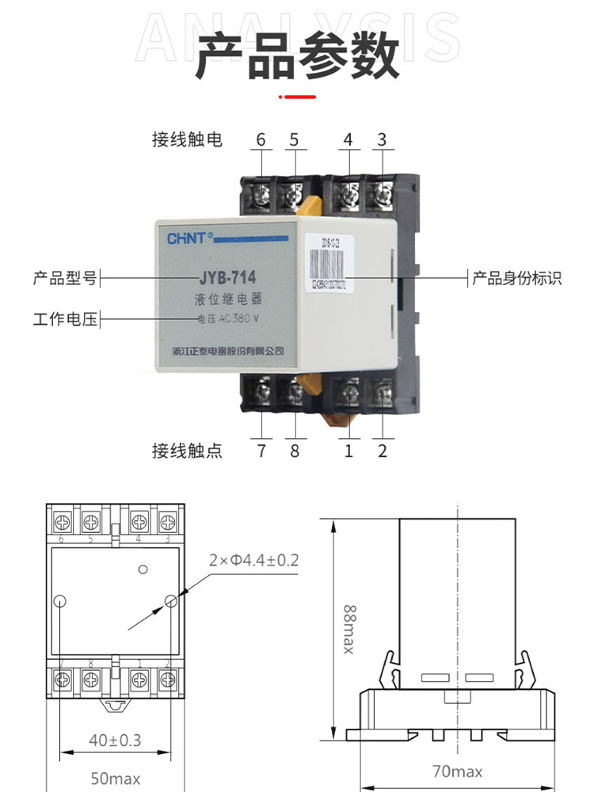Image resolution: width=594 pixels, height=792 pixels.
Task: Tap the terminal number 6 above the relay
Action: [261, 140]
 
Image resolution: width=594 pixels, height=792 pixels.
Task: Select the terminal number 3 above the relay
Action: [382, 140]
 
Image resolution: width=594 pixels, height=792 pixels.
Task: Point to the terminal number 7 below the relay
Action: [261, 451]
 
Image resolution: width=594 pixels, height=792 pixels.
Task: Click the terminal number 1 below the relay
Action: [348, 451]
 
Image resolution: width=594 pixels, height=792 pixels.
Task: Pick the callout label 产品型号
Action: [64, 278]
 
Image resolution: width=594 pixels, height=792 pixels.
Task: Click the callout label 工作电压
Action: [64, 320]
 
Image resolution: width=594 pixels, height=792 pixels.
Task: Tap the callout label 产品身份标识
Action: [516, 278]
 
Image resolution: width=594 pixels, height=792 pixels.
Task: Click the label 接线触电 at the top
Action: [187, 140]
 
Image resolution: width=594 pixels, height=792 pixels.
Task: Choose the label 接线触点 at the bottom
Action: [187, 451]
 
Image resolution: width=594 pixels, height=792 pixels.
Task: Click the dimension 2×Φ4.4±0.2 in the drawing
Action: [253, 561]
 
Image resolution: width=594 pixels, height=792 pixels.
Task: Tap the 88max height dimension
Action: [349, 630]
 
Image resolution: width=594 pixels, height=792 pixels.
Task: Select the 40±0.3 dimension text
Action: [115, 741]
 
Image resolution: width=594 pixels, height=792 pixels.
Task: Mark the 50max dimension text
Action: [115, 779]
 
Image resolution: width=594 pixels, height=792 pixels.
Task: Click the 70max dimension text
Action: [458, 771]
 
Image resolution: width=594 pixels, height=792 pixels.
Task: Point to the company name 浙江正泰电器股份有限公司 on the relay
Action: [227, 350]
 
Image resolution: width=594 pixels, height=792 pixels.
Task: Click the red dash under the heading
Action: [298, 97]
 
